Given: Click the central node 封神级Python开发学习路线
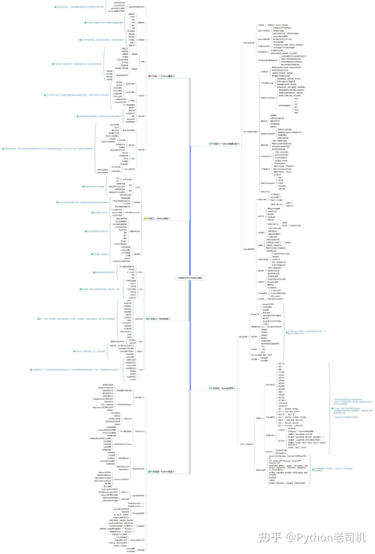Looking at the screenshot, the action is (190, 278).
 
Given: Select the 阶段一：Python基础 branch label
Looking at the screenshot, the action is (163, 76).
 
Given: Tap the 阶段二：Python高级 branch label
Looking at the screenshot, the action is (160, 218).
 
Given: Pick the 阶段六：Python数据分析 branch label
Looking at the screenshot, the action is (225, 144).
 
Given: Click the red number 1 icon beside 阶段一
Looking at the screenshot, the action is (149, 76).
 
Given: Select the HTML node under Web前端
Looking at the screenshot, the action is (140, 272).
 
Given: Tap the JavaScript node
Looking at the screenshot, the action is (139, 319).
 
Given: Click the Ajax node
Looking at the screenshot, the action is (141, 342).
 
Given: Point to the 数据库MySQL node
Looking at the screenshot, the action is (135, 231).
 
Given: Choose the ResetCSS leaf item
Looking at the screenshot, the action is (132, 298).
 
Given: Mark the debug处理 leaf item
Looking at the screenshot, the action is (131, 119).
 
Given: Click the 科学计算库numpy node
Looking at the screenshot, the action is (267, 83).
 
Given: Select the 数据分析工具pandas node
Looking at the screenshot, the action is (268, 98).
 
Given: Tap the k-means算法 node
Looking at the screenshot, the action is (262, 293).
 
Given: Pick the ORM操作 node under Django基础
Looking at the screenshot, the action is (254, 336).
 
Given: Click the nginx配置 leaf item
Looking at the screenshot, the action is (264, 361).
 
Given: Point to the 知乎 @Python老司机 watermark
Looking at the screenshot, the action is (311, 538).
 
